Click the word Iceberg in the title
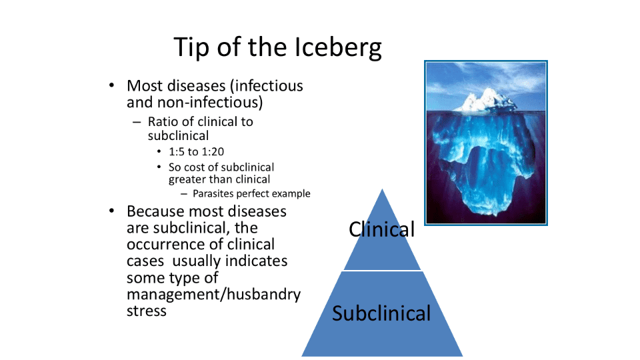337,48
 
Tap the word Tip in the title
191,48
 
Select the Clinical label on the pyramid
381,229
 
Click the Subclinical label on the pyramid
381,313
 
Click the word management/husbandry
213,294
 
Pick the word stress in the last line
147,311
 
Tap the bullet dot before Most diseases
112,85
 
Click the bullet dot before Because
112,211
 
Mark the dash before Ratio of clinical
137,122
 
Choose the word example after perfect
291,193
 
